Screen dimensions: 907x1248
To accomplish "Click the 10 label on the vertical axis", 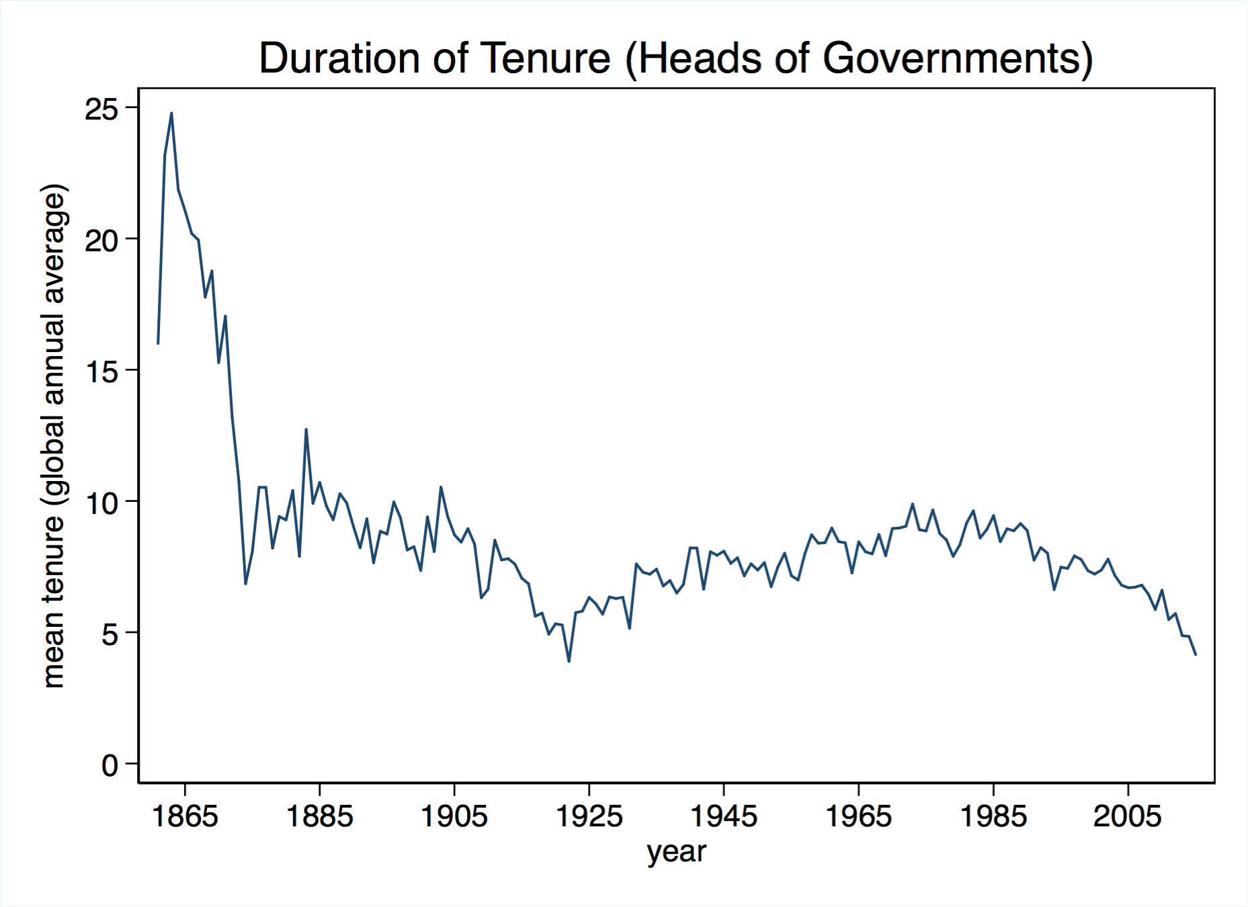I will tap(101, 503).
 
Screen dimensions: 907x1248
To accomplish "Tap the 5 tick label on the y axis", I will tap(110, 634).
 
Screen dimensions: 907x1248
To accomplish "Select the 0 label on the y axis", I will tap(110, 765).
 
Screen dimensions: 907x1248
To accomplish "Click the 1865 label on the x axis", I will tap(185, 816).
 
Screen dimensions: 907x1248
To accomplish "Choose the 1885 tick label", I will tap(320, 816).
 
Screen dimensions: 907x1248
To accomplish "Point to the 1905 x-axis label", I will tap(454, 816).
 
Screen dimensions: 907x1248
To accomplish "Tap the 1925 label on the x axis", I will tap(589, 816).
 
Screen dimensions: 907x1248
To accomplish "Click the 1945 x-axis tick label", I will tap(724, 816).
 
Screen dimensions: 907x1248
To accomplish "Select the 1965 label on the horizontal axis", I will tap(859, 816).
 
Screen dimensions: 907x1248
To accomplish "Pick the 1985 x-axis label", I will tap(993, 816).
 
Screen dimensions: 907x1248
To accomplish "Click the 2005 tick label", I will tap(1128, 816).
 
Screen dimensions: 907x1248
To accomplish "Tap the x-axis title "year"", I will tap(676, 852).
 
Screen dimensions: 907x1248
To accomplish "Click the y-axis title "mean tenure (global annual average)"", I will tap(54, 435).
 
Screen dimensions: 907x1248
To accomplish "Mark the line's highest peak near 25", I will tap(171, 114).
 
